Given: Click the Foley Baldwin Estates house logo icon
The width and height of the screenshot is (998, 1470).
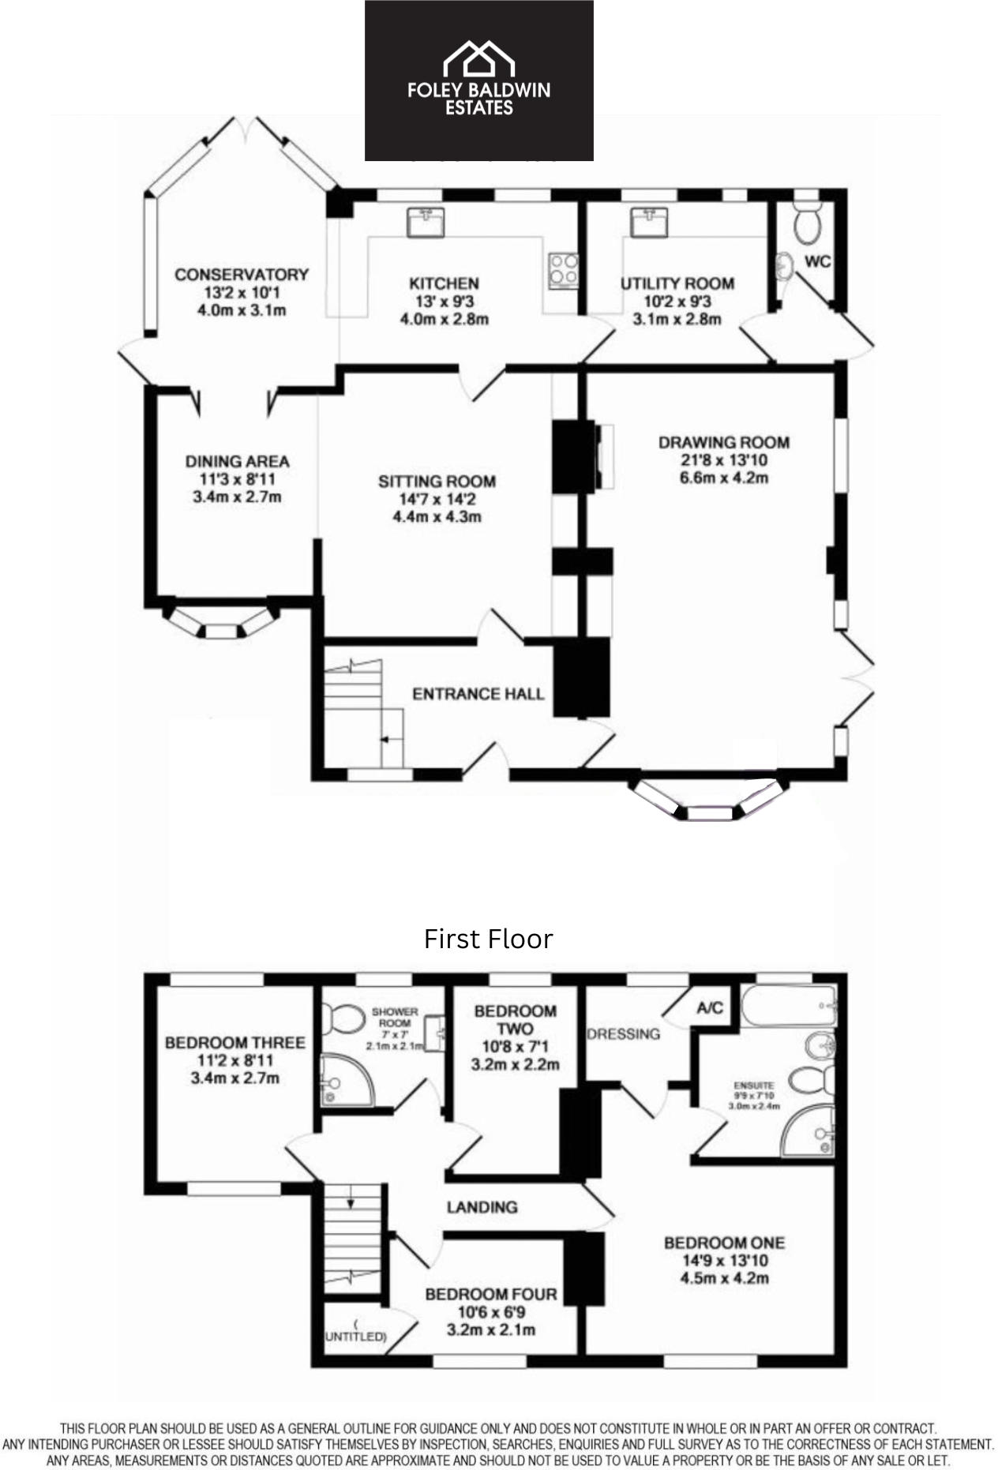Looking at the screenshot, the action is [478, 59].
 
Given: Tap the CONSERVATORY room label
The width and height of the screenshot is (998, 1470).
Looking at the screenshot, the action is [242, 275].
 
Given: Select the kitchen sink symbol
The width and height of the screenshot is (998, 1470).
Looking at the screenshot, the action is [426, 222].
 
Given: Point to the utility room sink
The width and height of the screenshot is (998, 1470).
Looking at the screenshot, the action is [650, 222].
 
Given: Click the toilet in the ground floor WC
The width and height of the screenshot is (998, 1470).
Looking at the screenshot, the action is [808, 219].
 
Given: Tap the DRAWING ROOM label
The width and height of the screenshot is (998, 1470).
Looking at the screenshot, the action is [724, 442].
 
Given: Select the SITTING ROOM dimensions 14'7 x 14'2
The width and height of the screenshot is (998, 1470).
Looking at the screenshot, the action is [437, 499].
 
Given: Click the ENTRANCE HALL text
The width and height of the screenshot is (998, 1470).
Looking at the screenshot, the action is [478, 694].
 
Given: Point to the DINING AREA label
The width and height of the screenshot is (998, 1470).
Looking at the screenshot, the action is [237, 461].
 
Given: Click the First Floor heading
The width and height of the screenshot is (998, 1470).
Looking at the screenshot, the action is [488, 939].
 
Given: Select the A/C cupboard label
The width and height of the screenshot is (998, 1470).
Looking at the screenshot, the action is [710, 1008].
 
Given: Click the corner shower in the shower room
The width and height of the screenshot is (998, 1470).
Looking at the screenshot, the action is [347, 1079].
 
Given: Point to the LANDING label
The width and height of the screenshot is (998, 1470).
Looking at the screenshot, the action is [482, 1207].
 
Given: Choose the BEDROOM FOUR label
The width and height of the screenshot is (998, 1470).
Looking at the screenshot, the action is [491, 1295].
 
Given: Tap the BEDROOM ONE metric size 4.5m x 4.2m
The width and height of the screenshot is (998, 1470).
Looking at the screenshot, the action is [724, 1278].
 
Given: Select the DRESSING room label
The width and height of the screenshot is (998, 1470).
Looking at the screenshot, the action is [623, 1034].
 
